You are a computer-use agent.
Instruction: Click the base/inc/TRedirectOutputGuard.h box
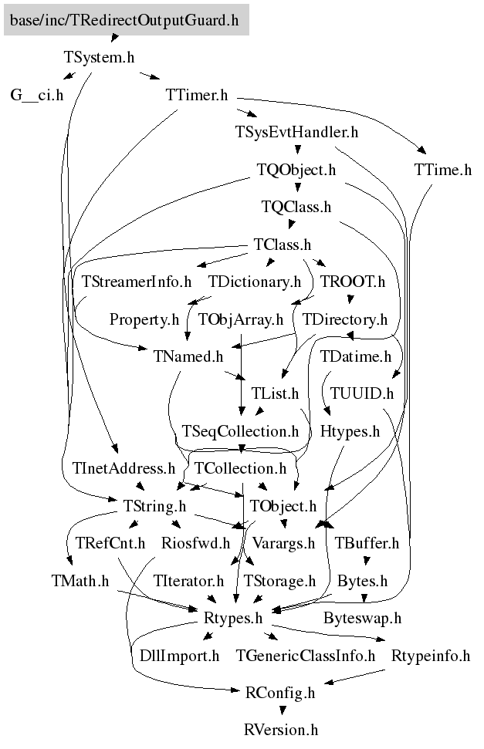[x=127, y=20]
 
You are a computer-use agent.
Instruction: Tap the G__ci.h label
[x=37, y=95]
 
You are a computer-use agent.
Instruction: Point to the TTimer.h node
[x=197, y=95]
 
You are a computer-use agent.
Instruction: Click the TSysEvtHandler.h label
[x=297, y=132]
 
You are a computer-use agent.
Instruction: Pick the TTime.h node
[x=442, y=169]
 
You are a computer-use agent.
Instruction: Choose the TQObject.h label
[x=297, y=169]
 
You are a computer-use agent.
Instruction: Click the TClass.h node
[x=282, y=245]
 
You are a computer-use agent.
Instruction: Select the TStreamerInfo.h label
[x=137, y=282]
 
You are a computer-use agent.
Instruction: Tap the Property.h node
[x=144, y=319]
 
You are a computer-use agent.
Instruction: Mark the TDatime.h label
[x=356, y=356]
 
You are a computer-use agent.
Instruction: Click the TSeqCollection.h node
[x=240, y=431]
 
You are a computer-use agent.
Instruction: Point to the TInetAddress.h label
[x=124, y=468]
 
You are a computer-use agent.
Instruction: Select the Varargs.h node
[x=284, y=543]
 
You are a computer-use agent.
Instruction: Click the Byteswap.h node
[x=363, y=618]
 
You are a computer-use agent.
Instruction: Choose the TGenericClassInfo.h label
[x=306, y=656]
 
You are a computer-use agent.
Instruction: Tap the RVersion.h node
[x=281, y=730]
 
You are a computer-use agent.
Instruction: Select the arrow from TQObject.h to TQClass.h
[x=297, y=187]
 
